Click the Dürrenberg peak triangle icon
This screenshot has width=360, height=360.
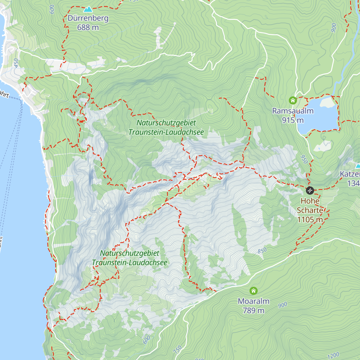coord(88,9)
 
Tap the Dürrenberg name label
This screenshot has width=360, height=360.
coord(88,18)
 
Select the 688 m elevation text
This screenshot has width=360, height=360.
coord(88,27)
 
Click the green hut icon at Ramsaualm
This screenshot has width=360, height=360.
coord(292,100)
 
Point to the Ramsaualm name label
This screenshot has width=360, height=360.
coord(292,111)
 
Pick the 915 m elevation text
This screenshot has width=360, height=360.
coord(292,120)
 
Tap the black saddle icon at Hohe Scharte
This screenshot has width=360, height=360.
coord(310,190)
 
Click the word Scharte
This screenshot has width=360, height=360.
coord(310,210)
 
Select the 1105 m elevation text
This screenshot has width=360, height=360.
coord(310,220)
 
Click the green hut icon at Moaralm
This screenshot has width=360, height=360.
coord(253,290)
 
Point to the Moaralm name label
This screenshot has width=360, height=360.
coord(253,301)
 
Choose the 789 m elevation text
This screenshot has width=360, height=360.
coord(253,310)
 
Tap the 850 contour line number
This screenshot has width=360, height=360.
coord(262,250)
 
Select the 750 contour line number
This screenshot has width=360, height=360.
coord(178,349)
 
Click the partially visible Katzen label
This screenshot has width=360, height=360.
coord(350,174)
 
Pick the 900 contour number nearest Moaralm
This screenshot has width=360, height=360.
coord(283,305)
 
